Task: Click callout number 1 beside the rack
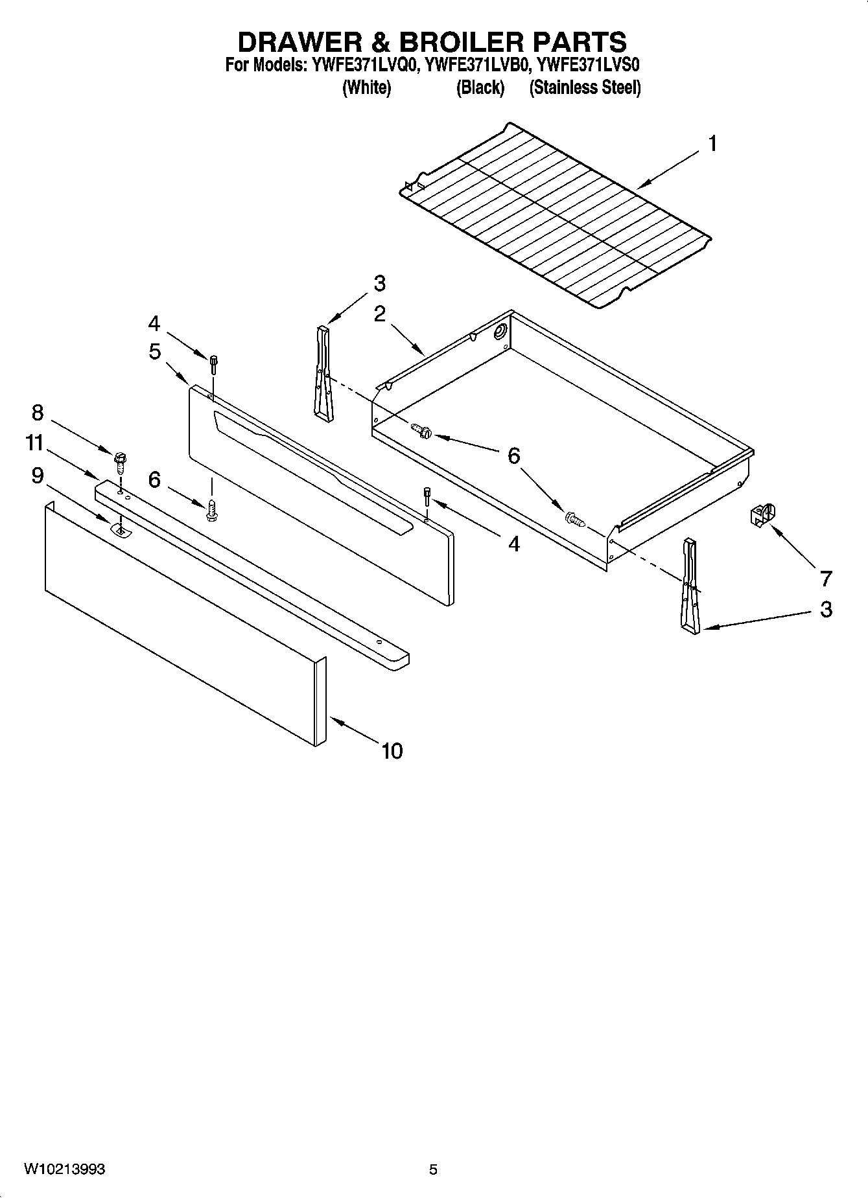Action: point(712,143)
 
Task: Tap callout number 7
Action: point(825,577)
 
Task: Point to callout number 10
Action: point(392,751)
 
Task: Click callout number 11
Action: point(34,443)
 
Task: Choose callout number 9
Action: point(38,476)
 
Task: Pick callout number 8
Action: point(38,412)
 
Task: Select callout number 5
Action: point(154,351)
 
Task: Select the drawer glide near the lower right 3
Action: point(689,586)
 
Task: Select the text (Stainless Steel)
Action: point(585,87)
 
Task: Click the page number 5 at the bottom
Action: point(433,1169)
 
